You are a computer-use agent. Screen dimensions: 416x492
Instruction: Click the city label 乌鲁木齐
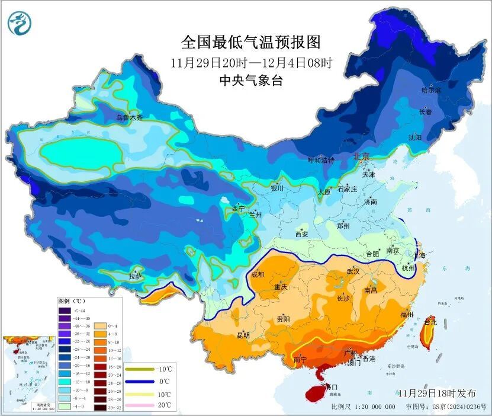click(129, 118)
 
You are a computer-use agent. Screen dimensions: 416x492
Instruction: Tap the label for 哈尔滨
click(431, 91)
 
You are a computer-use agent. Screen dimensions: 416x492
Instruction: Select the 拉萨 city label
click(136, 276)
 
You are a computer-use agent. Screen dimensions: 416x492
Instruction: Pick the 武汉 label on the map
click(353, 271)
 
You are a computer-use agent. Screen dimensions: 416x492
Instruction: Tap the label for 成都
click(258, 274)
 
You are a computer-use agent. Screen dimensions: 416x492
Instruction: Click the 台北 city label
click(431, 322)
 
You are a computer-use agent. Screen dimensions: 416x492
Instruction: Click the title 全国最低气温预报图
click(251, 42)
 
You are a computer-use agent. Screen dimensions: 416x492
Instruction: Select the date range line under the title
click(251, 62)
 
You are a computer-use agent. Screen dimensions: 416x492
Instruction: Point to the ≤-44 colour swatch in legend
click(65, 311)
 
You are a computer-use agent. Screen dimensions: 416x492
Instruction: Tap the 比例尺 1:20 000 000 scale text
click(363, 407)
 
